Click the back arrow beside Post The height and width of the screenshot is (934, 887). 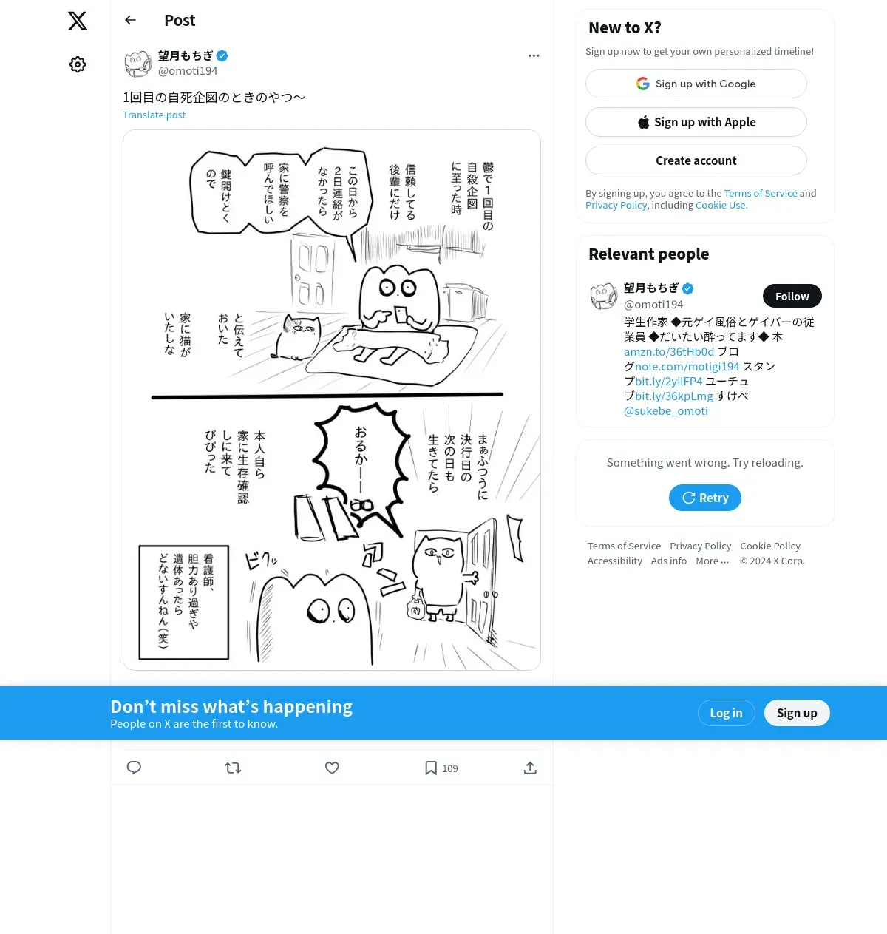click(130, 20)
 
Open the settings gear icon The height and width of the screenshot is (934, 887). click(78, 64)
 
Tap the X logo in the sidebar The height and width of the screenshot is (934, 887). click(78, 21)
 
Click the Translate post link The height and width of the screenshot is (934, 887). click(154, 115)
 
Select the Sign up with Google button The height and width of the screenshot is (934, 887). click(696, 84)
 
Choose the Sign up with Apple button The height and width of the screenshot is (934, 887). click(696, 122)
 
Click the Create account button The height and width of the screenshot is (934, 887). click(696, 160)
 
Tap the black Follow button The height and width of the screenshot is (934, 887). click(792, 296)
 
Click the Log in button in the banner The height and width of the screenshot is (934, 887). click(726, 713)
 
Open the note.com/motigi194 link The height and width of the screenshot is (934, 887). click(687, 366)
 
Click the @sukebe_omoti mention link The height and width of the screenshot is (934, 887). click(665, 411)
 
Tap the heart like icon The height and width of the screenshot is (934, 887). click(332, 768)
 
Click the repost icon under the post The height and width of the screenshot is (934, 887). click(233, 768)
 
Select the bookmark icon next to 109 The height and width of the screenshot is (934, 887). click(431, 768)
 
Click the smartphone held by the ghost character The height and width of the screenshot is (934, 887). click(401, 316)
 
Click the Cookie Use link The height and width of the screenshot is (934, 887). click(721, 206)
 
